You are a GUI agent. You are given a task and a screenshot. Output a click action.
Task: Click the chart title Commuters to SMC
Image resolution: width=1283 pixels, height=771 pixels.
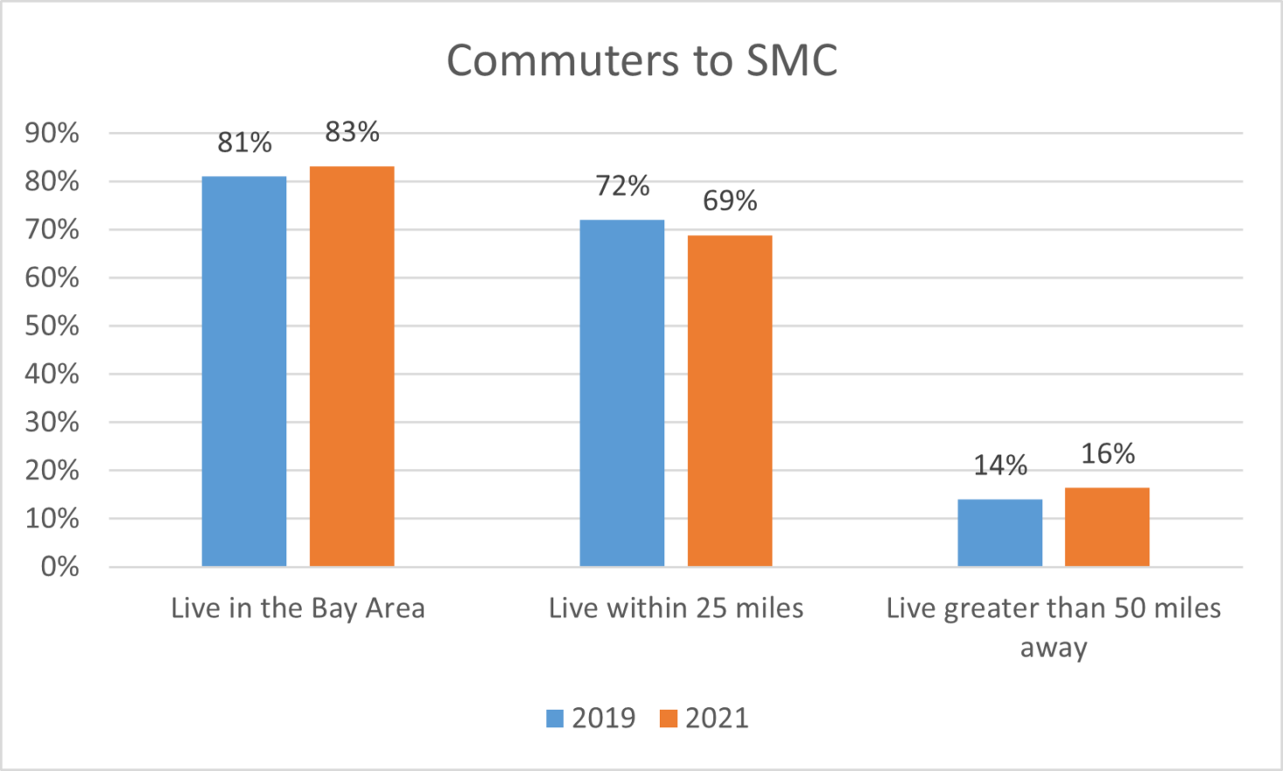[641, 61]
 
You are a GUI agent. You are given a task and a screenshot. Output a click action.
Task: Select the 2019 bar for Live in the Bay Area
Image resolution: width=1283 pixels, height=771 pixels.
[244, 371]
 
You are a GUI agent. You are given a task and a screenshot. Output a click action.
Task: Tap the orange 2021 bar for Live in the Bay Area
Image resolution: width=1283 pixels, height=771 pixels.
[352, 367]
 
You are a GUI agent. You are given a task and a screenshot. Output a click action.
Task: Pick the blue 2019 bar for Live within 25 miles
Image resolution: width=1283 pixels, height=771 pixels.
[621, 393]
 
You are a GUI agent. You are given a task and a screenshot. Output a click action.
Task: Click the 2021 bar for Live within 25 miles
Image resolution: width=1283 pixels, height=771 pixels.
[730, 401]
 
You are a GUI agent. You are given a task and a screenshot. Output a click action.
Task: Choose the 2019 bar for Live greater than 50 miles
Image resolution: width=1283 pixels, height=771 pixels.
[999, 533]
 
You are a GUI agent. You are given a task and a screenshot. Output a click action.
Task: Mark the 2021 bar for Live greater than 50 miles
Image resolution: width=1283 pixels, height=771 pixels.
[1107, 527]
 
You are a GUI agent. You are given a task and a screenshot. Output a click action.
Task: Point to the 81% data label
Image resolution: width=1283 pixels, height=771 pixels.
[244, 142]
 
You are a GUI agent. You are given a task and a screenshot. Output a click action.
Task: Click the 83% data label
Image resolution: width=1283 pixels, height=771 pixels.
[352, 132]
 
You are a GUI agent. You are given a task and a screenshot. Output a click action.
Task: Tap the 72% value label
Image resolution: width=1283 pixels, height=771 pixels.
[622, 186]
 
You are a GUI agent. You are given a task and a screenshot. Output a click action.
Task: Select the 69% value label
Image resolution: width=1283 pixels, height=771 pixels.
[730, 201]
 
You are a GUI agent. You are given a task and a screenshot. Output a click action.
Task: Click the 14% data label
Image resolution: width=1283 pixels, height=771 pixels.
[1000, 465]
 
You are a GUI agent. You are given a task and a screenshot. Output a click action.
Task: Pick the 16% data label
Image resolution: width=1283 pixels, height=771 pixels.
[1108, 454]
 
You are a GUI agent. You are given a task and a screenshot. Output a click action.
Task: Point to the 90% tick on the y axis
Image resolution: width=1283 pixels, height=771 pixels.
[52, 134]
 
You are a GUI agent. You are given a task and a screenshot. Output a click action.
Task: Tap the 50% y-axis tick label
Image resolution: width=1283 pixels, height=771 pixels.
[52, 327]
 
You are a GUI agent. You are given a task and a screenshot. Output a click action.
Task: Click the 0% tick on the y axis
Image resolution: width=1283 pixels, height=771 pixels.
[59, 567]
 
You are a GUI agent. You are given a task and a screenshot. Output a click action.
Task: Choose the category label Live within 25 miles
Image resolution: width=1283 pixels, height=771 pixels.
[676, 609]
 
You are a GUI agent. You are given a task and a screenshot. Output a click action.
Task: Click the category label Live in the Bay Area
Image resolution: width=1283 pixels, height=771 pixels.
[298, 609]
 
